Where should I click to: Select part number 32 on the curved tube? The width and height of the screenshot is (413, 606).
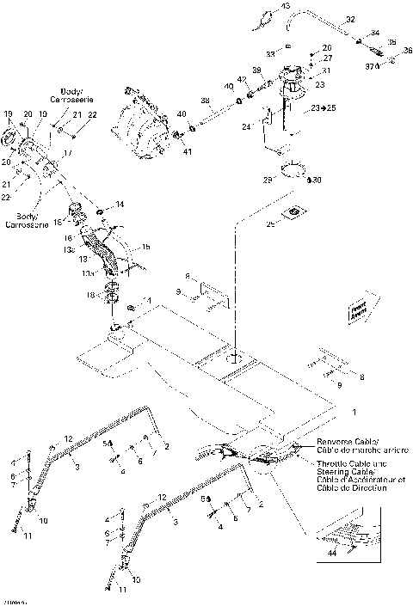pyautogui.click(x=350, y=18)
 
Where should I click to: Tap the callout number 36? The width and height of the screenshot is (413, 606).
pyautogui.click(x=407, y=50)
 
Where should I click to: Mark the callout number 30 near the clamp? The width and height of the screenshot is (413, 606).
pyautogui.click(x=317, y=181)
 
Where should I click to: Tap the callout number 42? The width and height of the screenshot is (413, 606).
pyautogui.click(x=243, y=80)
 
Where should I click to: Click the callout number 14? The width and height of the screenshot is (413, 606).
pyautogui.click(x=120, y=205)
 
